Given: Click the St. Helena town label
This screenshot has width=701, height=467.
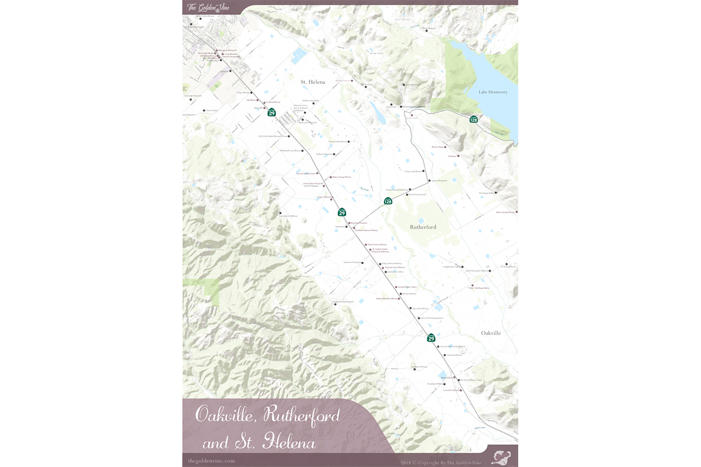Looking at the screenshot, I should (x=312, y=82).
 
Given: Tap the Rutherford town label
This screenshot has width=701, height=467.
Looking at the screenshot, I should (x=423, y=227).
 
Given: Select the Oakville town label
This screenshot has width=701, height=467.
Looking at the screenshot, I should (x=491, y=333).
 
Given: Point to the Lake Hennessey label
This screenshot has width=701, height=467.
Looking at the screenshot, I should (x=493, y=92).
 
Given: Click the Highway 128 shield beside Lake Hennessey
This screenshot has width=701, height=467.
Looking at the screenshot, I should (x=474, y=119).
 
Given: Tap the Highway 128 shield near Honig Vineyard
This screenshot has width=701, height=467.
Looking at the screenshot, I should (x=388, y=201).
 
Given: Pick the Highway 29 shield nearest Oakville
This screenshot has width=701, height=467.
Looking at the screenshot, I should (x=431, y=338).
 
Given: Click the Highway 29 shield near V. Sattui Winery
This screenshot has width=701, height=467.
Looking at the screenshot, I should (x=272, y=113).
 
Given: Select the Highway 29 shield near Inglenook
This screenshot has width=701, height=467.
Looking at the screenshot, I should (x=342, y=212).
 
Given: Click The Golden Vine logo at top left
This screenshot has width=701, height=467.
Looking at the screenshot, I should (x=208, y=7).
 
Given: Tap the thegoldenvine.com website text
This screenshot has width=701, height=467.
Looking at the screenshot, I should (x=211, y=461).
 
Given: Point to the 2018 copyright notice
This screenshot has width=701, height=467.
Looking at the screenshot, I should (x=441, y=463).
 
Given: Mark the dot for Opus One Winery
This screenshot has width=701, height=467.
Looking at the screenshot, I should (x=410, y=308).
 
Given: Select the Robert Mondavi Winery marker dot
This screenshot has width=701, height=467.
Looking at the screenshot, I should (x=399, y=299).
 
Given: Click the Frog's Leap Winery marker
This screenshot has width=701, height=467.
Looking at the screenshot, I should (x=423, y=171).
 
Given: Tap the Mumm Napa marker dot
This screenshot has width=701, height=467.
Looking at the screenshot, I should (x=445, y=147).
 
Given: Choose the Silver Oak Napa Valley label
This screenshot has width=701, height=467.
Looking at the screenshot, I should (x=479, y=288).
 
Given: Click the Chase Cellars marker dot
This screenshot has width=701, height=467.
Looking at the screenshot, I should (x=204, y=110).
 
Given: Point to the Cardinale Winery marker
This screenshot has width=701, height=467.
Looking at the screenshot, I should (x=445, y=355).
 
